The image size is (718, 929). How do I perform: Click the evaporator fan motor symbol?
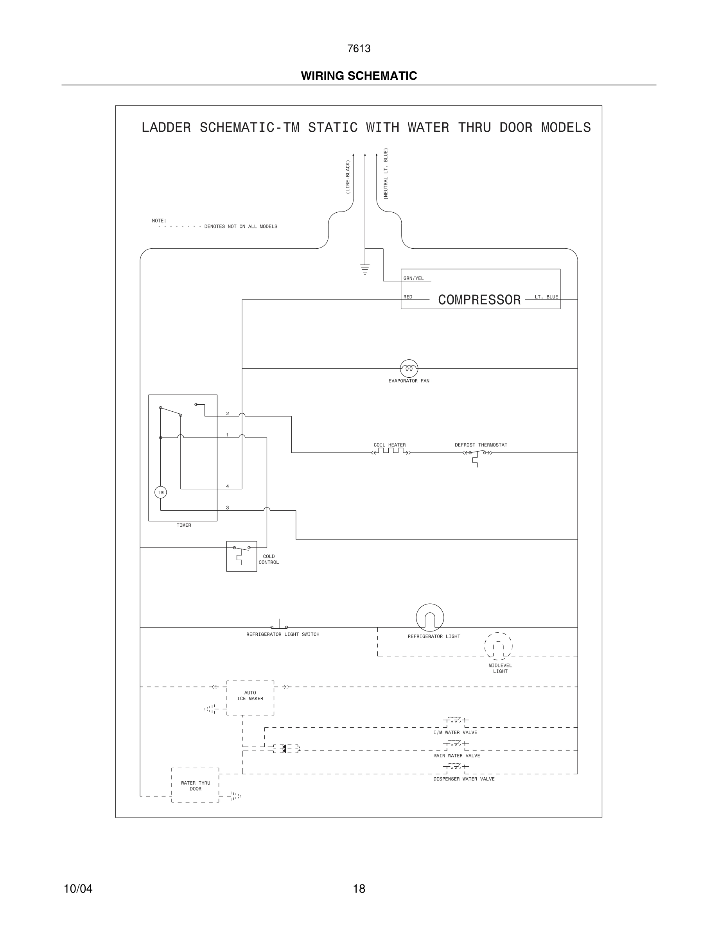pos(409,368)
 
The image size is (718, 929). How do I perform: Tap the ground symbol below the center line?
pos(364,269)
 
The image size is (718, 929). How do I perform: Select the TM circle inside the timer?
pos(160,493)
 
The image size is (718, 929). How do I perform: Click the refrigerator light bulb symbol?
pos(430,617)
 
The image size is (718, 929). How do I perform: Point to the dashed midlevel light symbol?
pos(498,647)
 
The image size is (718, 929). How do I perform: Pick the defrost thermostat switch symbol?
pos(477,454)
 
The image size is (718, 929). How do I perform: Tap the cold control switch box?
pos(241,556)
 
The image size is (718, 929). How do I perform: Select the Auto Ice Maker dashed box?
pos(250,698)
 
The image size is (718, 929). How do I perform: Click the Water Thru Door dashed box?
pos(195,786)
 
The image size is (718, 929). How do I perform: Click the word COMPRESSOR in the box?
pos(479,300)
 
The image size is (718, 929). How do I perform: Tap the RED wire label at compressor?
pos(408,297)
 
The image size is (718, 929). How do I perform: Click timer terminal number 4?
pos(228,486)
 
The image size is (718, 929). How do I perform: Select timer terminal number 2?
pos(228,413)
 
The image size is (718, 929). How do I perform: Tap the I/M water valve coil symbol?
pos(455,720)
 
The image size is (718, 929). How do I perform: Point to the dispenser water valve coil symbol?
pos(455,766)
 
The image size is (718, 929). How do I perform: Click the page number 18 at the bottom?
pos(359,889)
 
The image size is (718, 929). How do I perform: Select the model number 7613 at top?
pos(359,49)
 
